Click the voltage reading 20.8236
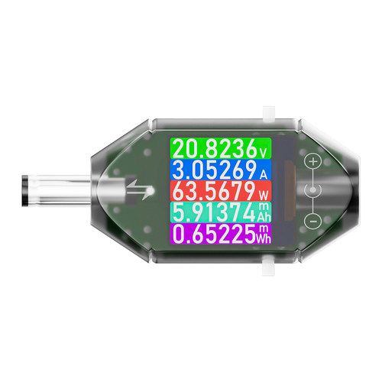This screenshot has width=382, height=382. click(x=215, y=148)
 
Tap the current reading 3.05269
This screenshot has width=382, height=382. click(x=215, y=170)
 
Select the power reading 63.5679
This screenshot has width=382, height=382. click(x=214, y=191)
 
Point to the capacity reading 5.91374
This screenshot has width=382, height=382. click(x=214, y=212)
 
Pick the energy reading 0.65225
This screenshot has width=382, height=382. click(x=214, y=234)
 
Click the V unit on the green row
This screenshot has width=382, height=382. click(x=263, y=153)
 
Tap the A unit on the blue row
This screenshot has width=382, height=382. click(x=264, y=174)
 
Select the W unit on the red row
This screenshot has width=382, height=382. click(x=264, y=196)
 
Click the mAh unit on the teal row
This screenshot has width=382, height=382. click(x=264, y=212)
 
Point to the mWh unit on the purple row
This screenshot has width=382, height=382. click(x=263, y=234)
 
